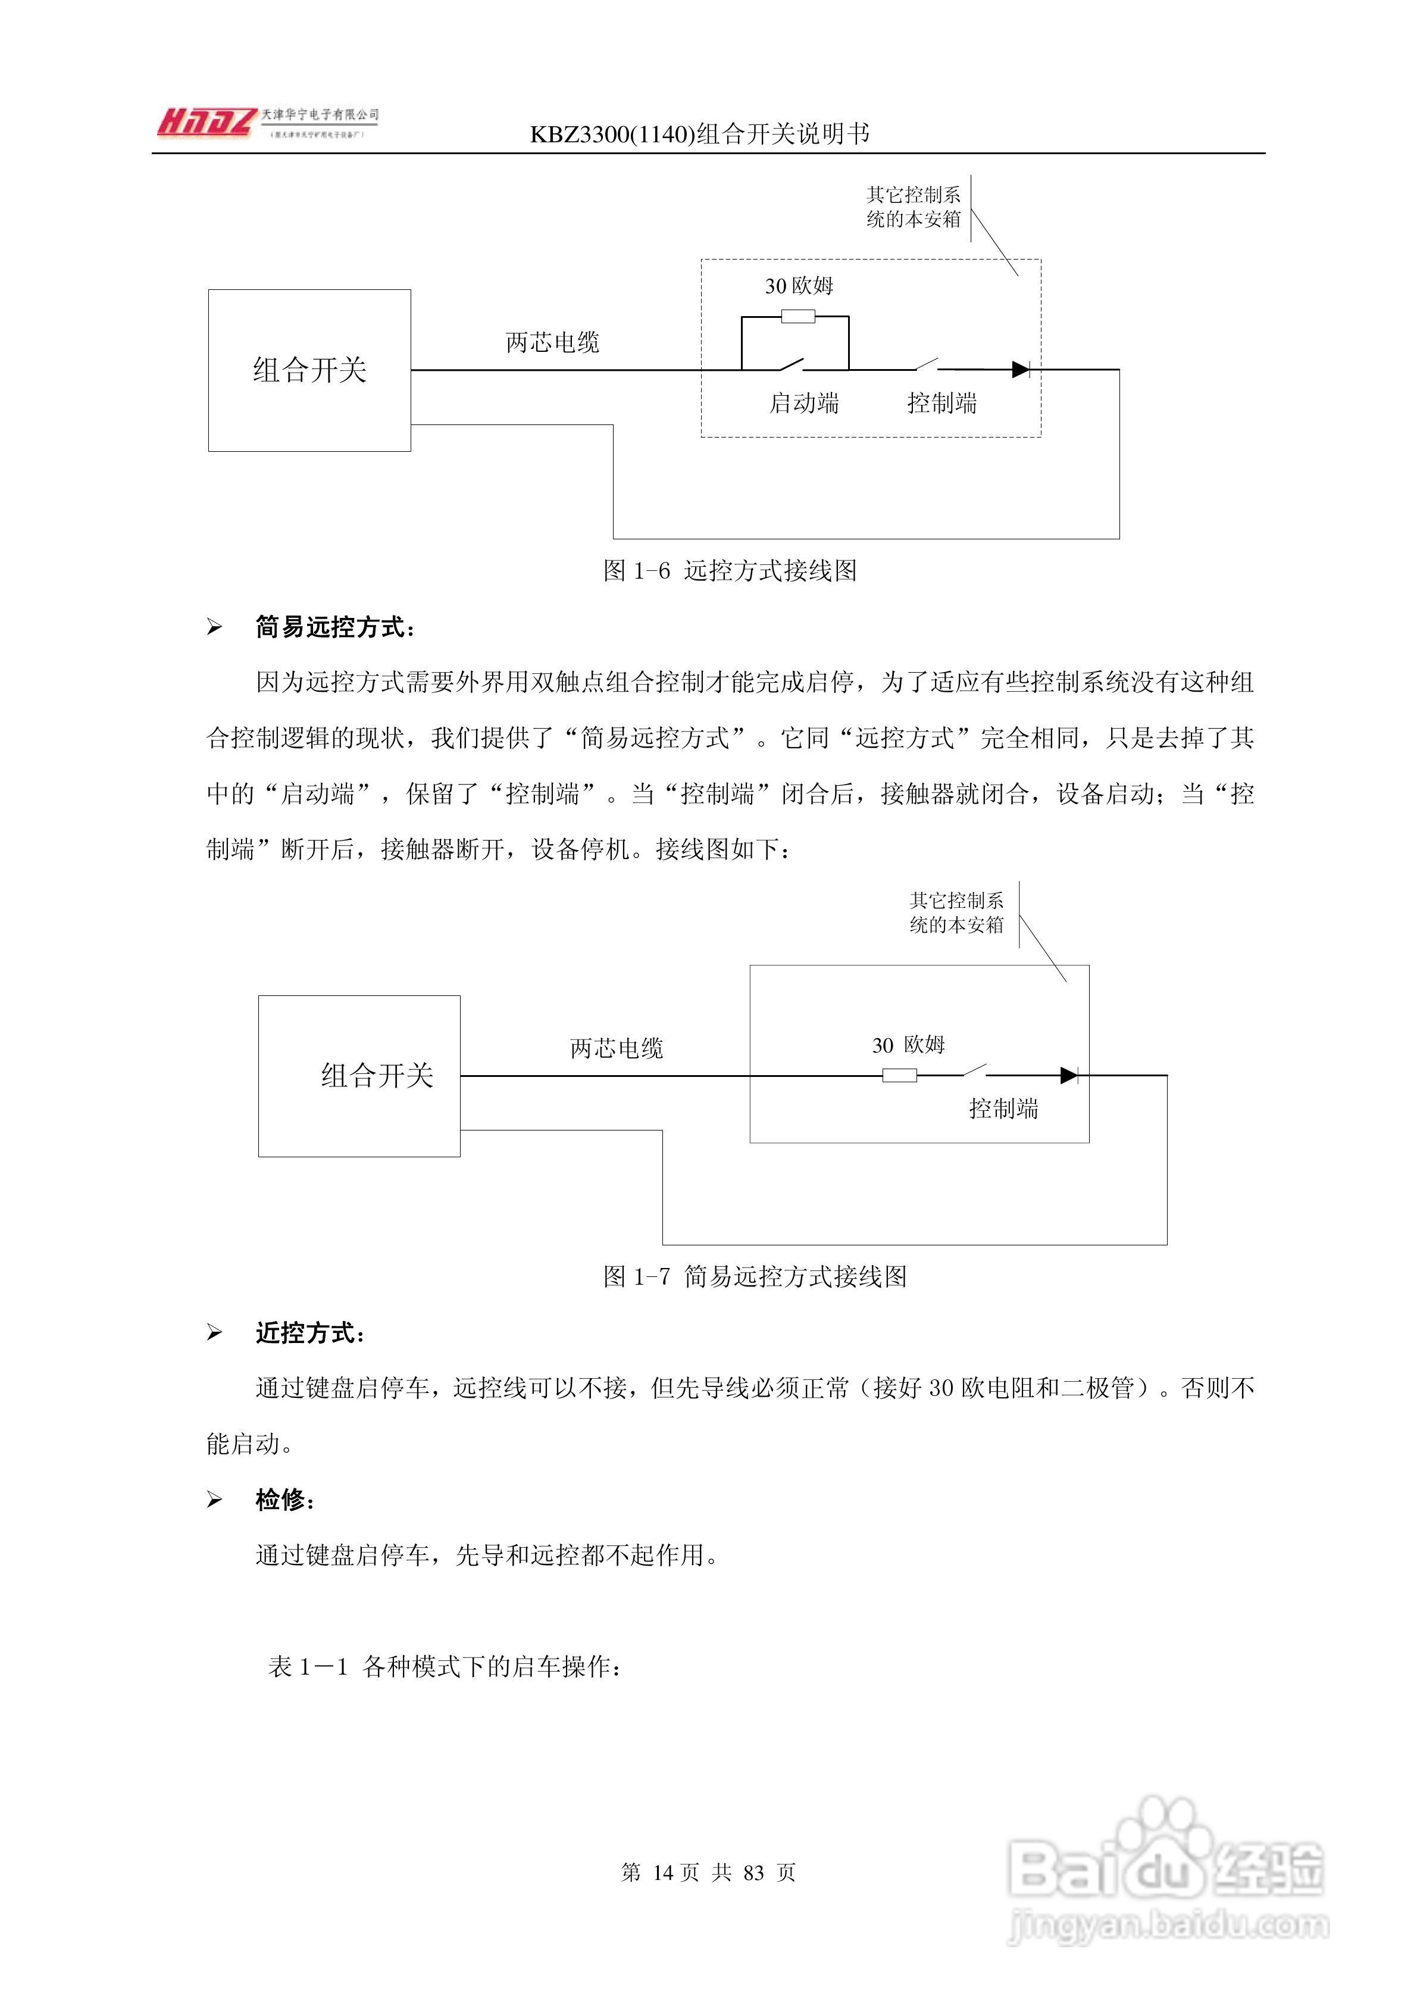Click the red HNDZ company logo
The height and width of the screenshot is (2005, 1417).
[x=206, y=122]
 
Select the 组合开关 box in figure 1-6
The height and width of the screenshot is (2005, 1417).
[x=309, y=370]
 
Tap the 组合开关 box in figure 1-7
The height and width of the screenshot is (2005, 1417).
[x=359, y=1076]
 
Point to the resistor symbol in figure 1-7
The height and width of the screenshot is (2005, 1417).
[x=899, y=1076]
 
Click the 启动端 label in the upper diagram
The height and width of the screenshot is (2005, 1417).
[x=803, y=404]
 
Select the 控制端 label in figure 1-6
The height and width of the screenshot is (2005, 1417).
[x=941, y=404]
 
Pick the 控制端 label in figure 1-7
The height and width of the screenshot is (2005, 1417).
[x=1003, y=1109]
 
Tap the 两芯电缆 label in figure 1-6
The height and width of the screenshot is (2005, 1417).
[x=553, y=342]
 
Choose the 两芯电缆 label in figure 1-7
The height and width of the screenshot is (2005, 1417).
[x=617, y=1048]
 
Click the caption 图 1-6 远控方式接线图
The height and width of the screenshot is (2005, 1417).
[x=730, y=571]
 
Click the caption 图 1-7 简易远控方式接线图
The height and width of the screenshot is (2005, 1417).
[x=755, y=1277]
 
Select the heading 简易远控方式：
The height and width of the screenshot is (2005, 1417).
[x=335, y=627]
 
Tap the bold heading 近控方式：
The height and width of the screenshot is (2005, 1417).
[x=310, y=1332]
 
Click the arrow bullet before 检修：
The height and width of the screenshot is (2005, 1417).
[x=214, y=1500]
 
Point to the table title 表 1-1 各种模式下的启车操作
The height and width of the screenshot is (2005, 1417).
[x=445, y=1667]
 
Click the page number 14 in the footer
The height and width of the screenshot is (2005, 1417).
[x=664, y=1872]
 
